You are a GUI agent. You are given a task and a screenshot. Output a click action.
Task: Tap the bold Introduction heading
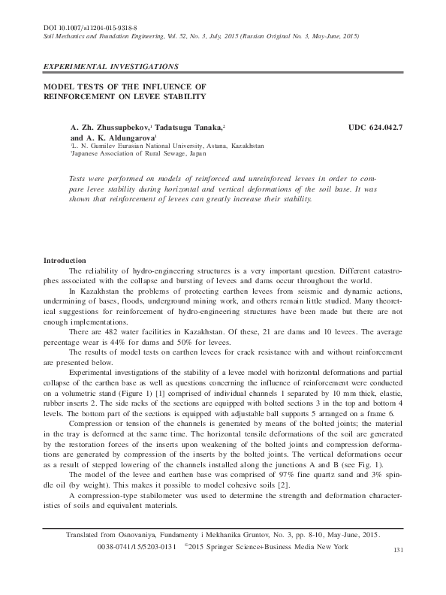click(65, 260)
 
